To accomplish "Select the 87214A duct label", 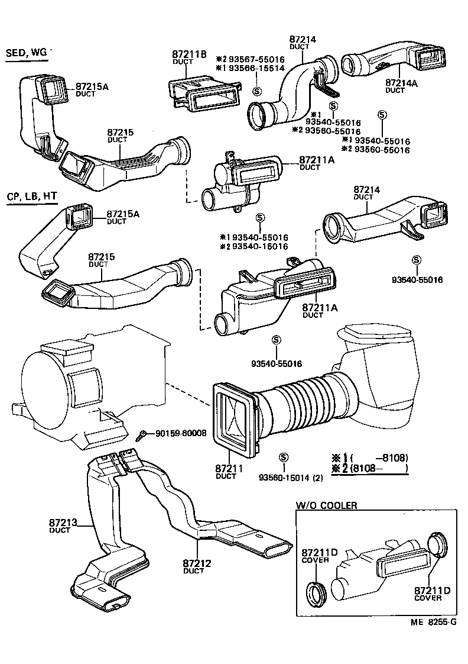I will (x=401, y=84).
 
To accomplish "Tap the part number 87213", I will (x=62, y=523).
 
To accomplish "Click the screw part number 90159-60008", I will (x=180, y=433).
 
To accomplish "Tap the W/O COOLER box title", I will (x=326, y=505).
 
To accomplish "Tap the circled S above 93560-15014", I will (x=284, y=457).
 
